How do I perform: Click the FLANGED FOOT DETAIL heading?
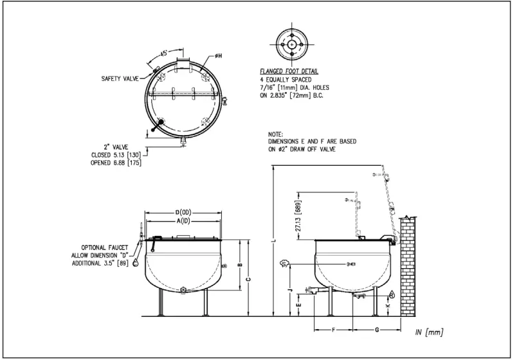pyautogui.click(x=289, y=71)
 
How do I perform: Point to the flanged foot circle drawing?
pyautogui.click(x=293, y=44)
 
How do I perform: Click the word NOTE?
pyautogui.click(x=276, y=133)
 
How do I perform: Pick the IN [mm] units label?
pyautogui.click(x=428, y=332)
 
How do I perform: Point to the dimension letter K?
pyautogui.click(x=387, y=307)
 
